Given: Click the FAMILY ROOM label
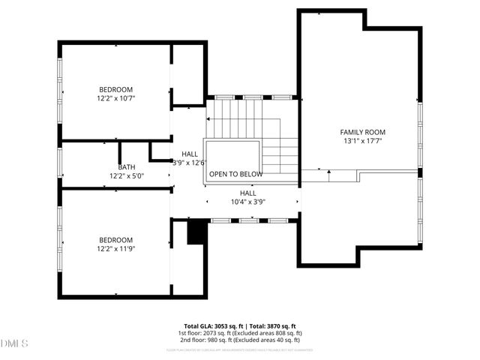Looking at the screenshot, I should click(x=363, y=132).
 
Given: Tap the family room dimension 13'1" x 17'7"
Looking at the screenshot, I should click(x=363, y=141).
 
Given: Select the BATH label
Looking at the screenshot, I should click(x=126, y=167).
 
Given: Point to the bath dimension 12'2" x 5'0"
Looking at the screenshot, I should click(x=126, y=176).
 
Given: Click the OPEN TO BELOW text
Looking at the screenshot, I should click(x=235, y=174).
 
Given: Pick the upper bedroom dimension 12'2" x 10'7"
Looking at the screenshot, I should click(x=115, y=98).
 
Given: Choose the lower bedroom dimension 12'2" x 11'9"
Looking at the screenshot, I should click(x=115, y=248).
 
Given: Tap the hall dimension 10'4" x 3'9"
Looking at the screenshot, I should click(x=247, y=201).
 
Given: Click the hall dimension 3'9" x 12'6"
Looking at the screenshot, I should click(x=189, y=162).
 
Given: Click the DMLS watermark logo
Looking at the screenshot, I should click(x=14, y=343).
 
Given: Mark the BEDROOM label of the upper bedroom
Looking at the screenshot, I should click(x=115, y=89).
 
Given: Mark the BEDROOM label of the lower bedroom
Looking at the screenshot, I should click(x=115, y=239).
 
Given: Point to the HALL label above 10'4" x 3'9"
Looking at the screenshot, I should click(x=247, y=193).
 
